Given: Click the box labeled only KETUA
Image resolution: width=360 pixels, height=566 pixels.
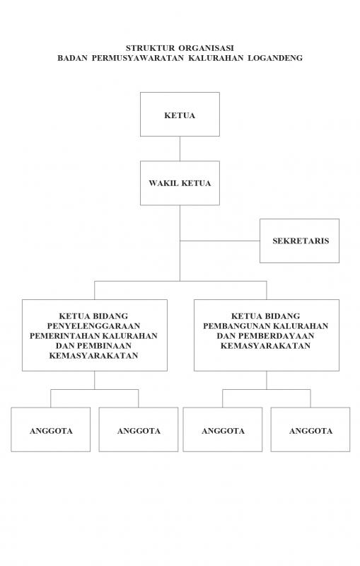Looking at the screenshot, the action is click(180, 114).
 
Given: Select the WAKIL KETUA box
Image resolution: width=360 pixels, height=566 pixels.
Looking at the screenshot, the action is click(180, 183).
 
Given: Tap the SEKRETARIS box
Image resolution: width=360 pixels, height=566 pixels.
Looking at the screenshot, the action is click(299, 241).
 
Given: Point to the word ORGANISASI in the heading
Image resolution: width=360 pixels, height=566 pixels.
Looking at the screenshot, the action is click(206, 47).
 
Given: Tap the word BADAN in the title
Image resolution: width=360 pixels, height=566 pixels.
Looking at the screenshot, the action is click(73, 58).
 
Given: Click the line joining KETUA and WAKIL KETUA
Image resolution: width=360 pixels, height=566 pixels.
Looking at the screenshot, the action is click(180, 149).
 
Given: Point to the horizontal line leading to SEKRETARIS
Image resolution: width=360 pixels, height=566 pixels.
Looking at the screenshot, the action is click(220, 241).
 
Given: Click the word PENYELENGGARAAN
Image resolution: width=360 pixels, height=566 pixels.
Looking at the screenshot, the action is click(93, 326).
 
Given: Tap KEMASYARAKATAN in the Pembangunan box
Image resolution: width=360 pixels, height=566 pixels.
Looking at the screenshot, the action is click(265, 345).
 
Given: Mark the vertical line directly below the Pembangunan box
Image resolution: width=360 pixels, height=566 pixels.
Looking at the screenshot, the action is click(267, 380).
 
